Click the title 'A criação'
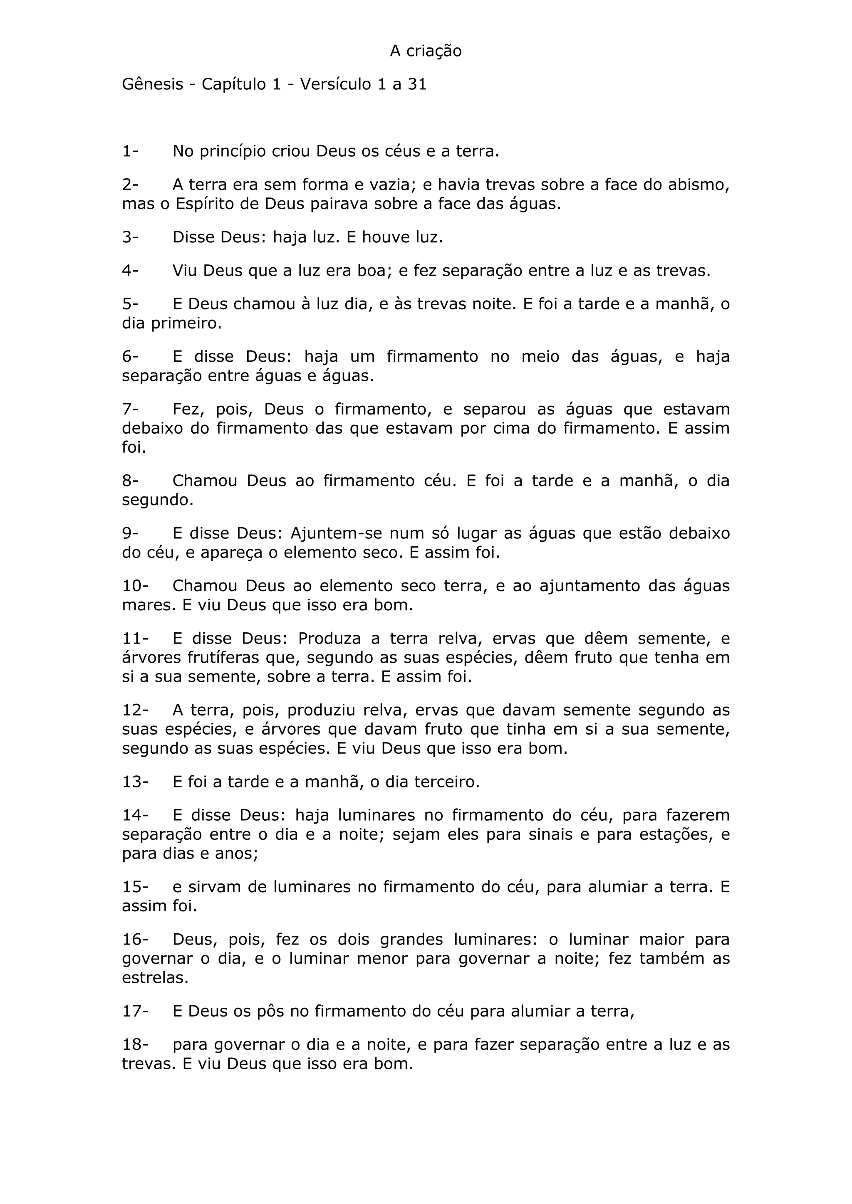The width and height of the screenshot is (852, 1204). click(x=426, y=51)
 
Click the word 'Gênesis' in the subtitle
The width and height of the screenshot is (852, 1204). click(x=152, y=84)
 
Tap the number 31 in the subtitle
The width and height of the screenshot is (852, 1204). click(x=417, y=84)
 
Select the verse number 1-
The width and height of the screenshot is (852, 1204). click(x=130, y=152)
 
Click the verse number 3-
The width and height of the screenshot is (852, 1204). click(x=130, y=237)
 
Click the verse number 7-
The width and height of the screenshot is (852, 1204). click(x=130, y=409)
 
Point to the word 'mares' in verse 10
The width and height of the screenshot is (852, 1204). click(x=148, y=605)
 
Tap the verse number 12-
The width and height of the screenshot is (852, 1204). click(x=135, y=711)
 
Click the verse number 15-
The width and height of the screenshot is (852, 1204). click(x=135, y=887)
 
